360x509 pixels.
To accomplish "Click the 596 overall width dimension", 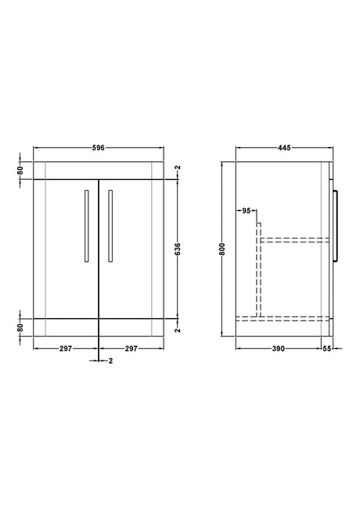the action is (99, 148).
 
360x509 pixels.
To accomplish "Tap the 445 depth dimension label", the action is (284, 148).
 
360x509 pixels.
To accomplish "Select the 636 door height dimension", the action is (178, 249).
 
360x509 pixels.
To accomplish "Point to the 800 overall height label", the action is (222, 249).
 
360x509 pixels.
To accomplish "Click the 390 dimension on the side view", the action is (278, 348).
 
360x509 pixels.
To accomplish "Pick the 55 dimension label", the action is (327, 348).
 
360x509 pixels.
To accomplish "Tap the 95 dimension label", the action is (247, 210).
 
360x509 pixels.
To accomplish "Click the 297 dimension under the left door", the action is (66, 348).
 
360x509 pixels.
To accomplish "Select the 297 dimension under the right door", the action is (131, 348).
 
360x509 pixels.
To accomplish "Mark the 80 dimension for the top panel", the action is (20, 170).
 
